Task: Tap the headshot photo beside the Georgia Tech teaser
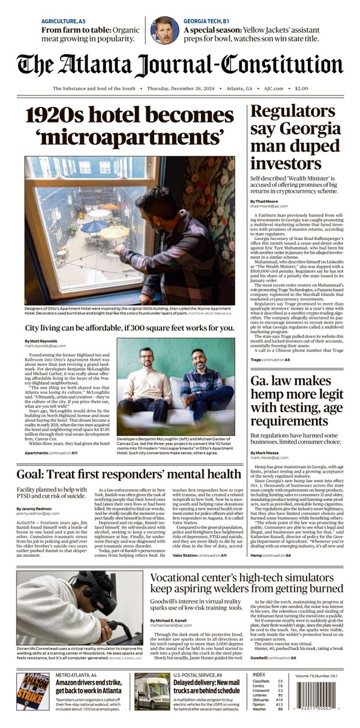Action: click(164, 30)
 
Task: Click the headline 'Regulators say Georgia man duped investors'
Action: click(295, 137)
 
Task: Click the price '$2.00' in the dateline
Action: click(301, 88)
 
